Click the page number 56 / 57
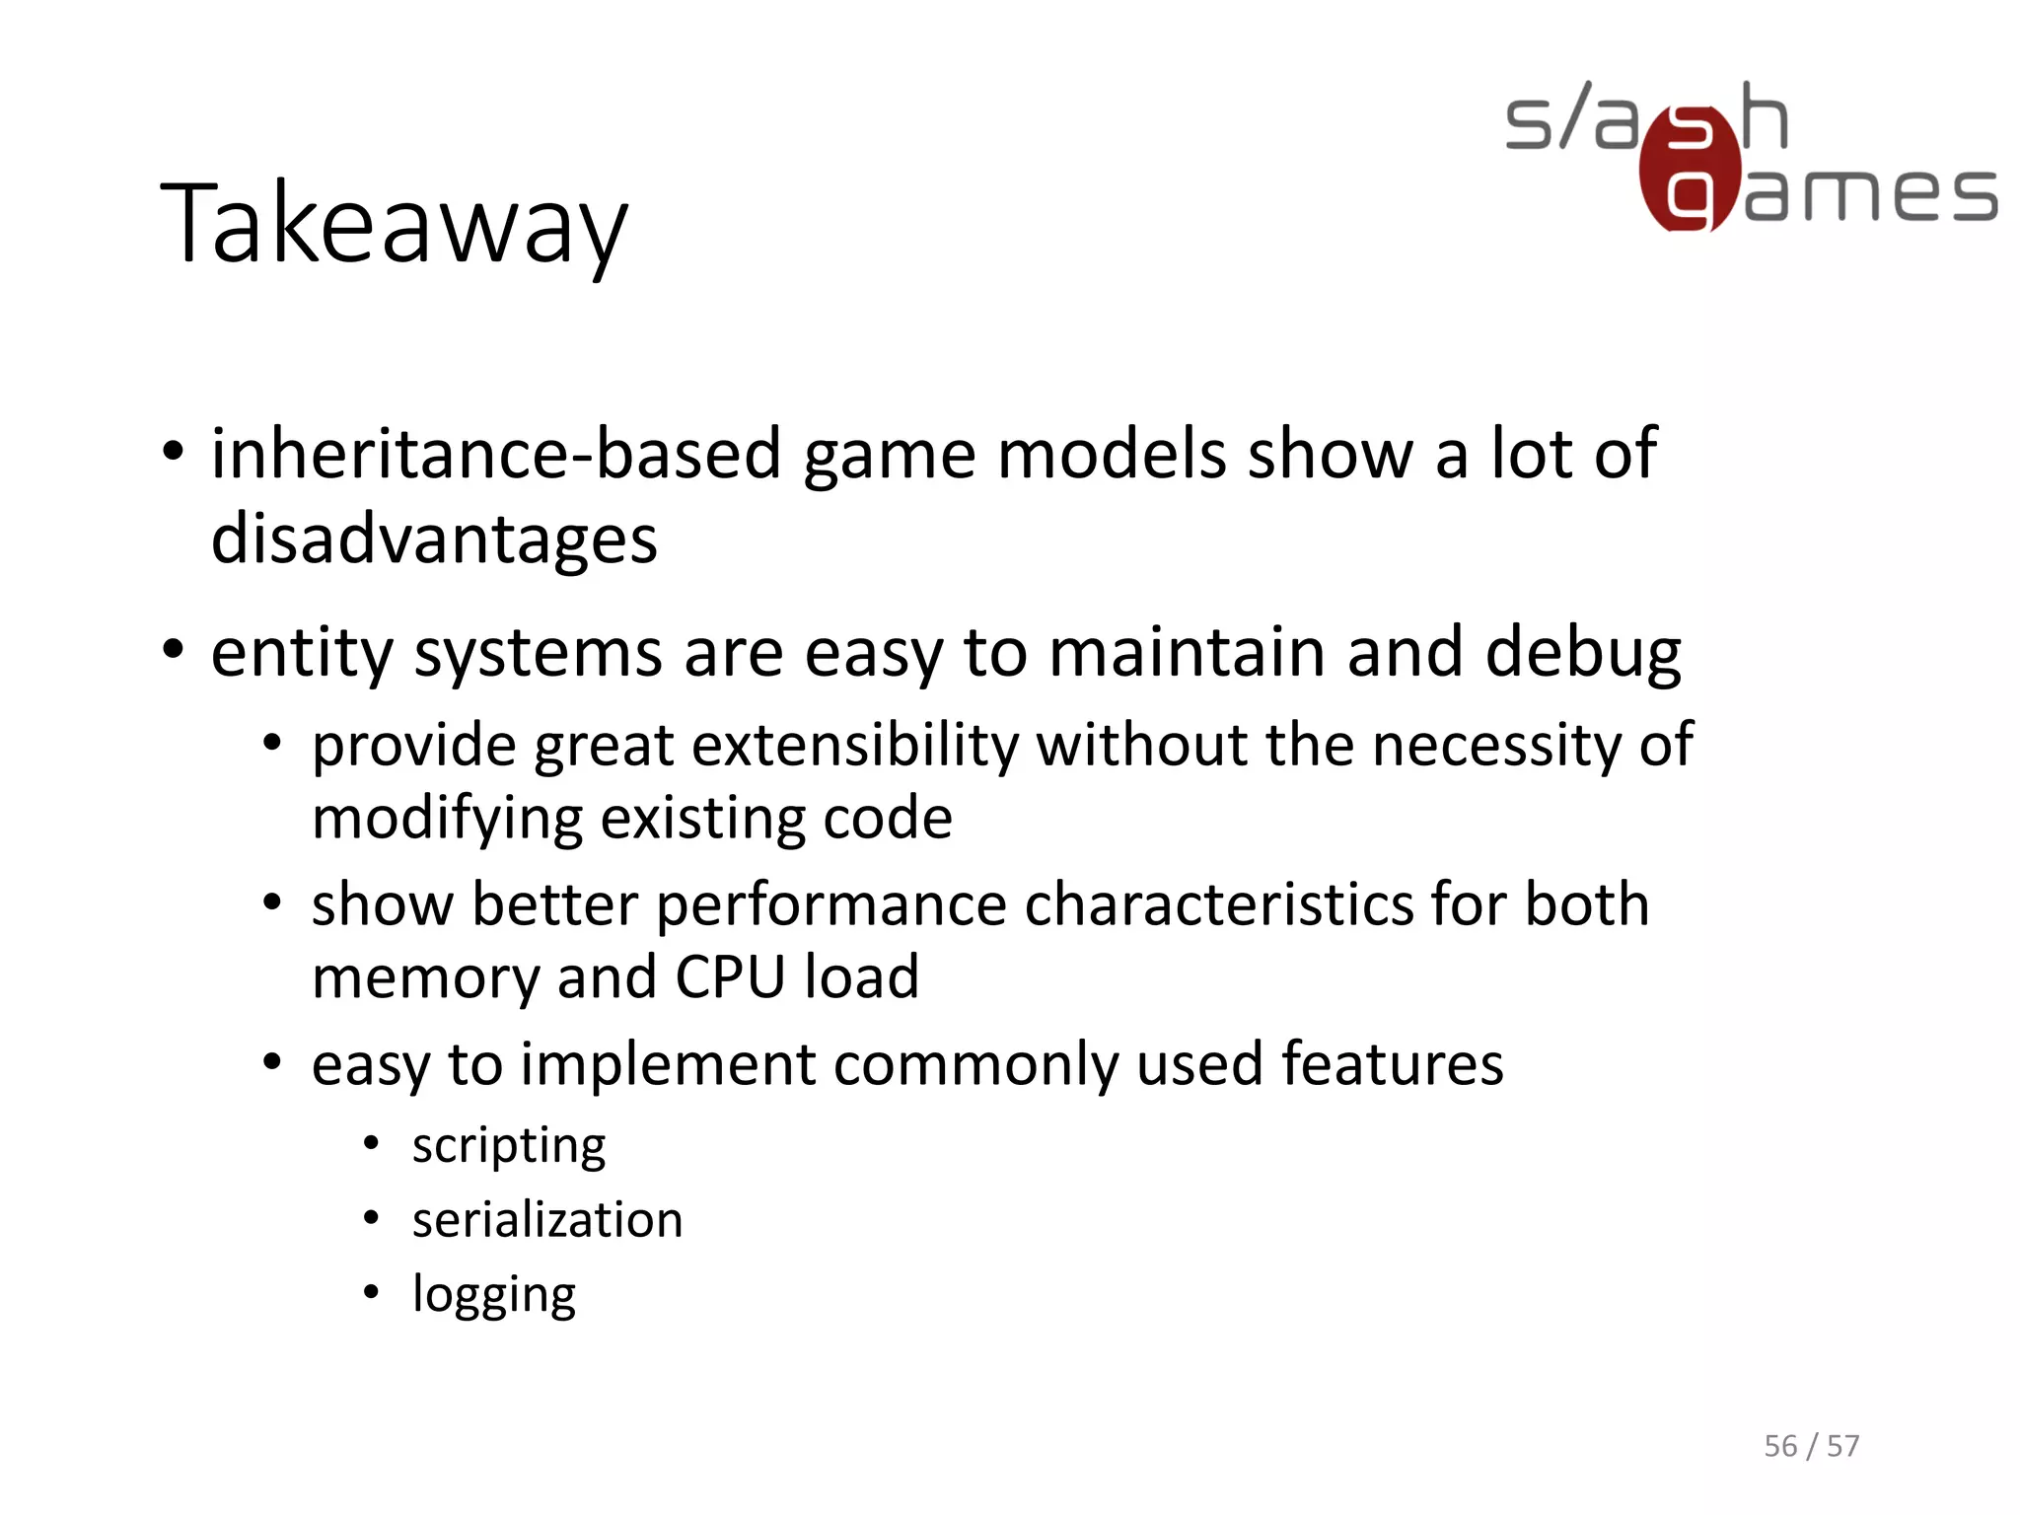pos(1811,1446)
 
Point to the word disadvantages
pos(434,541)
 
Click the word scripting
pos(508,1147)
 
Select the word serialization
pos(546,1220)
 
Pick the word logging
pos(493,1296)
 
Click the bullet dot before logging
pos(371,1292)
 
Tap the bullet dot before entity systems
pos(174,650)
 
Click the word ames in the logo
pos(1870,194)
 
